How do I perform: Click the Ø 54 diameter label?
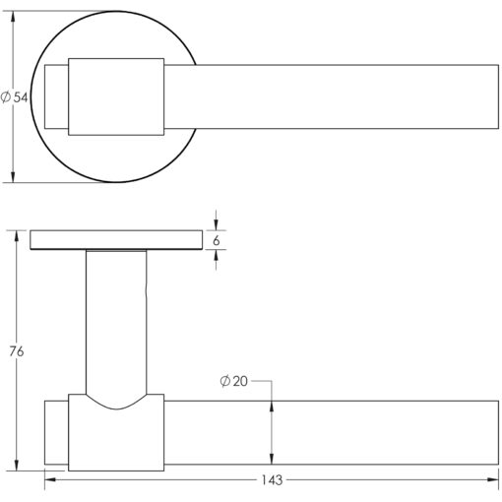15,97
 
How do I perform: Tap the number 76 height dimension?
17,351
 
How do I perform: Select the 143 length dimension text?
272,480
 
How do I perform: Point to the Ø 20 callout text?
233,381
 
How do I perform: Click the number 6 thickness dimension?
216,240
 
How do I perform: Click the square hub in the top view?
116,96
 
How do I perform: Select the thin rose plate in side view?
116,240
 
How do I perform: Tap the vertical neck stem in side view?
116,323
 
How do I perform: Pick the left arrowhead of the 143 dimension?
50,479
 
